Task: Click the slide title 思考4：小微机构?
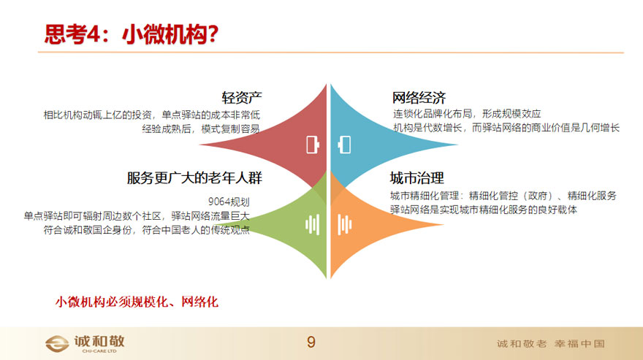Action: pyautogui.click(x=132, y=34)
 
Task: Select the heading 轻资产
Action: pyautogui.click(x=242, y=98)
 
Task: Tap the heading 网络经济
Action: pyautogui.click(x=419, y=98)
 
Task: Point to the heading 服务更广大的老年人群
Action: pyautogui.click(x=194, y=178)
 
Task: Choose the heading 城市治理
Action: pyautogui.click(x=416, y=178)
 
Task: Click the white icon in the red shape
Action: pyautogui.click(x=313, y=145)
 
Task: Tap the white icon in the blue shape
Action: pyautogui.click(x=344, y=145)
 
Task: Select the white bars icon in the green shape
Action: pyautogui.click(x=313, y=225)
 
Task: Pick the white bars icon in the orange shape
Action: pyautogui.click(x=344, y=225)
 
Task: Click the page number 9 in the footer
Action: pyautogui.click(x=311, y=342)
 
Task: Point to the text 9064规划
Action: pyautogui.click(x=229, y=202)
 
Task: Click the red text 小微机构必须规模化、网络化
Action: pyautogui.click(x=137, y=302)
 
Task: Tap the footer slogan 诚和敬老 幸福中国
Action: pyautogui.click(x=551, y=344)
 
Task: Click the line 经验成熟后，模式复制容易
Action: pyautogui.click(x=201, y=129)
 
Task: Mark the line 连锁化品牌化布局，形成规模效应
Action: pyautogui.click(x=467, y=114)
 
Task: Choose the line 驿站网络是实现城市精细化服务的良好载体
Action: pyautogui.click(x=484, y=210)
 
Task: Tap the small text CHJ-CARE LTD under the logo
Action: pyautogui.click(x=99, y=351)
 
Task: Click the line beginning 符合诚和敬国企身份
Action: pyautogui.click(x=147, y=230)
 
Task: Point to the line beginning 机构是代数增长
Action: pyautogui.click(x=506, y=128)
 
